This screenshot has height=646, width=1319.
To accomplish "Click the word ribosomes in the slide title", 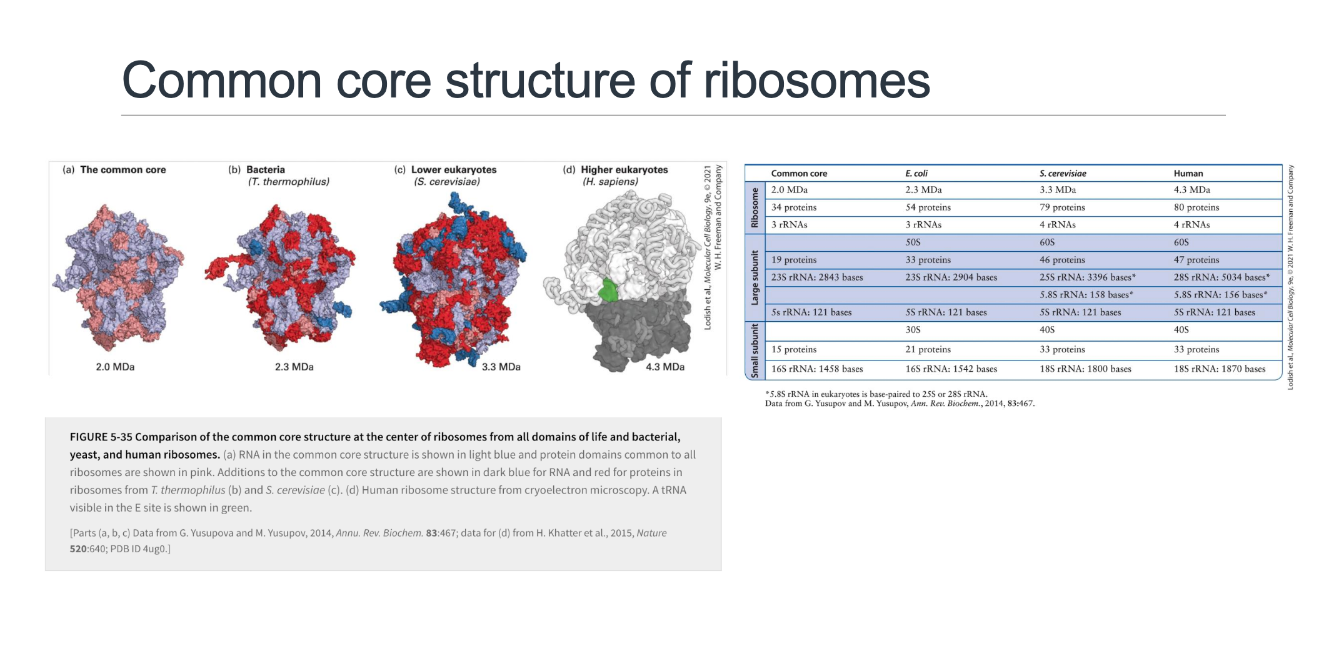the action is [816, 81].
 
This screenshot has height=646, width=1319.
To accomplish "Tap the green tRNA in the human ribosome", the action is [608, 291].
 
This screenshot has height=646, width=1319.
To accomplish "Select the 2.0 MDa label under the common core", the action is [115, 367].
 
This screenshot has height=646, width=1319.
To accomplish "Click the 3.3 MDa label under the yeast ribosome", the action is [501, 367].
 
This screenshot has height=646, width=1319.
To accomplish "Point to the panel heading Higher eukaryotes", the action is [624, 170].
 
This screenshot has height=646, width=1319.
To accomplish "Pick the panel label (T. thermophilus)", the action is [288, 182].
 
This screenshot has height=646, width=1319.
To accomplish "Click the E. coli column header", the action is [916, 174].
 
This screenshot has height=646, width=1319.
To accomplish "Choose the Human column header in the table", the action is [1188, 174].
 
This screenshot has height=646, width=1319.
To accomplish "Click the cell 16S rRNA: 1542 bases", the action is [951, 369].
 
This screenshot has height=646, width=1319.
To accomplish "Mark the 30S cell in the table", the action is [913, 330].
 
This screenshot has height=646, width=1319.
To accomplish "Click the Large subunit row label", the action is [755, 278].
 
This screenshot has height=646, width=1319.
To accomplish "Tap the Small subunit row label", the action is [755, 350].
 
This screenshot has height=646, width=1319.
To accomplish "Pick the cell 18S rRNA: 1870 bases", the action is [1219, 369].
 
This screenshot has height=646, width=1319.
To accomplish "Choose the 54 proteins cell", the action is [928, 207].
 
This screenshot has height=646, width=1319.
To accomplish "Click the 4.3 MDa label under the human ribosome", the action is [665, 367].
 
